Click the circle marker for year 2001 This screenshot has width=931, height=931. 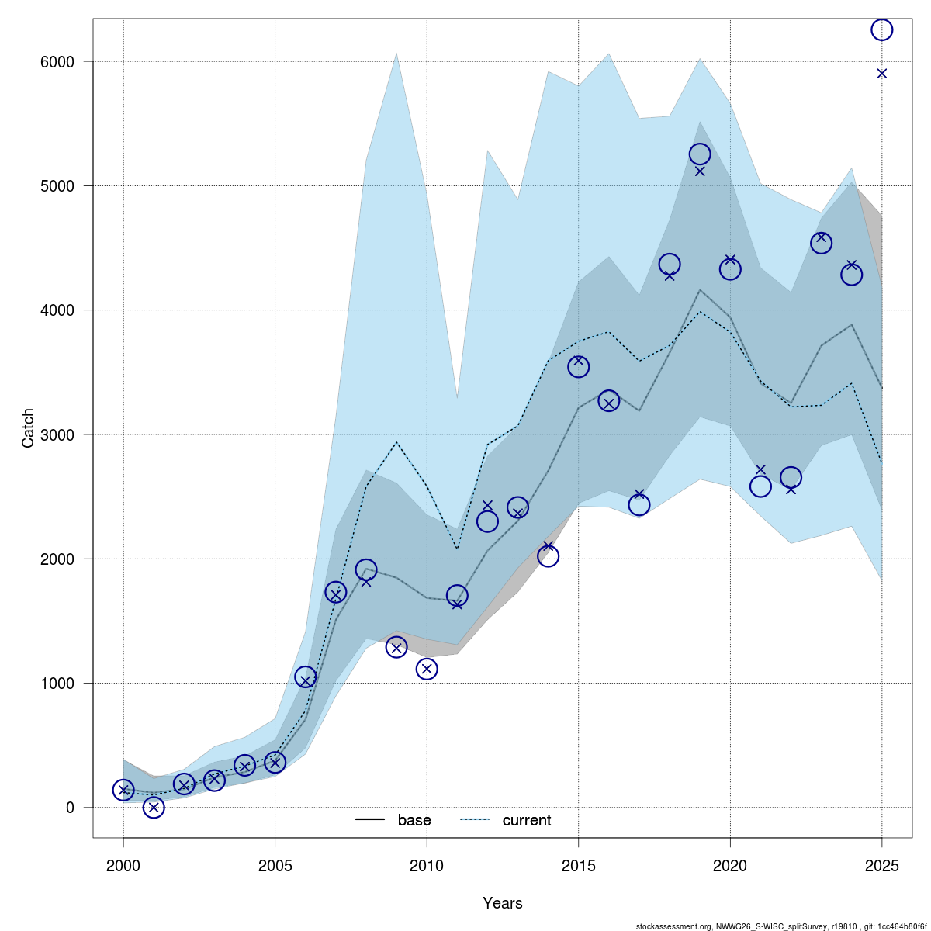(x=154, y=807)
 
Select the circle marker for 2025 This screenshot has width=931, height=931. (x=881, y=29)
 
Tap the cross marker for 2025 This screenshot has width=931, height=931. (x=881, y=74)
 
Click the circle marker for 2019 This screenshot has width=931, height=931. (x=700, y=154)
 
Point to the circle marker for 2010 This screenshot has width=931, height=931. (x=427, y=669)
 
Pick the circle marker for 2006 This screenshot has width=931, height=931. (x=306, y=677)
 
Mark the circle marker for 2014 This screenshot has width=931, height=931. (x=548, y=556)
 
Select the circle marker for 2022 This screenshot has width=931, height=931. (x=791, y=477)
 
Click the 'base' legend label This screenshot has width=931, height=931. (x=414, y=820)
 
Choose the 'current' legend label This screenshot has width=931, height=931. (x=527, y=820)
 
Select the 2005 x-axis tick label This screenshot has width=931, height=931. (x=275, y=865)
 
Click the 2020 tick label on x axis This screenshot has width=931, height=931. (x=730, y=865)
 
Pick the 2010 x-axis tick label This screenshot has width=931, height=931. (x=427, y=865)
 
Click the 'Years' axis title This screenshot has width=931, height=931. (x=503, y=903)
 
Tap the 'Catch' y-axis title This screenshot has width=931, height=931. (x=28, y=428)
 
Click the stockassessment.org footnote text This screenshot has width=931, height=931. (x=780, y=926)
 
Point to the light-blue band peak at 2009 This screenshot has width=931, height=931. (x=396, y=54)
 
